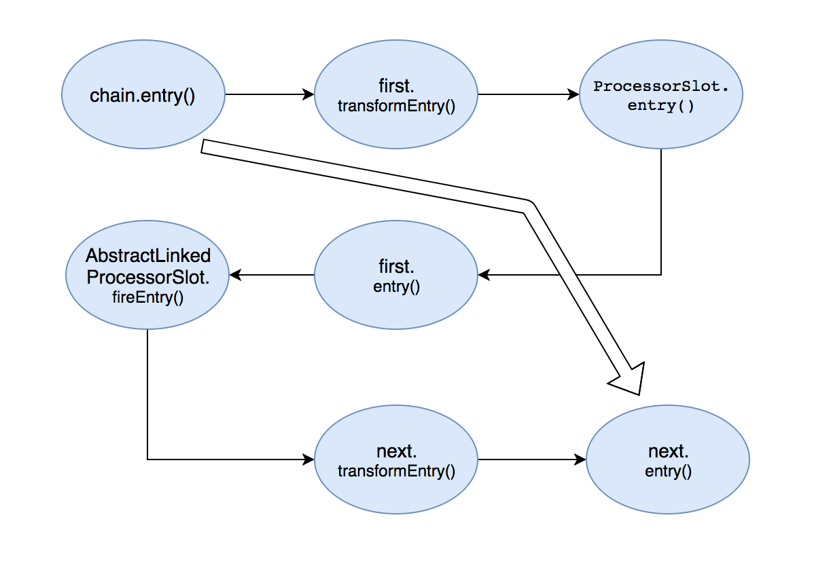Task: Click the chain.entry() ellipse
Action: click(143, 94)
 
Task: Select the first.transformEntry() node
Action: click(396, 94)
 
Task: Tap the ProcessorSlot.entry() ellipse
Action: click(661, 94)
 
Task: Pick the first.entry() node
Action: click(396, 275)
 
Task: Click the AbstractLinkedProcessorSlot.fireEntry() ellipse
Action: click(147, 275)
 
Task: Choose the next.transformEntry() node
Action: click(396, 460)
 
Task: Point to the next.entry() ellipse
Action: click(668, 460)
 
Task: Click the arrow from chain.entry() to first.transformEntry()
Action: click(270, 94)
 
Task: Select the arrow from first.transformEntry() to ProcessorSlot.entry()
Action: click(529, 94)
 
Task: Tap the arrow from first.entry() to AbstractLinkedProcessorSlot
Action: click(272, 275)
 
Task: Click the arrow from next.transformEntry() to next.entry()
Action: click(532, 460)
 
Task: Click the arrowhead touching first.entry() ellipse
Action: click(484, 275)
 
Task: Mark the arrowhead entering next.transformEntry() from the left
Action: click(308, 460)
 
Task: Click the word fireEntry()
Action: click(148, 297)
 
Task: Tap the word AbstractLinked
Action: click(148, 255)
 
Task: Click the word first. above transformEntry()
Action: click(396, 86)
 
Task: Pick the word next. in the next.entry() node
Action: click(668, 451)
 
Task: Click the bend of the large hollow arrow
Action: click(529, 206)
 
